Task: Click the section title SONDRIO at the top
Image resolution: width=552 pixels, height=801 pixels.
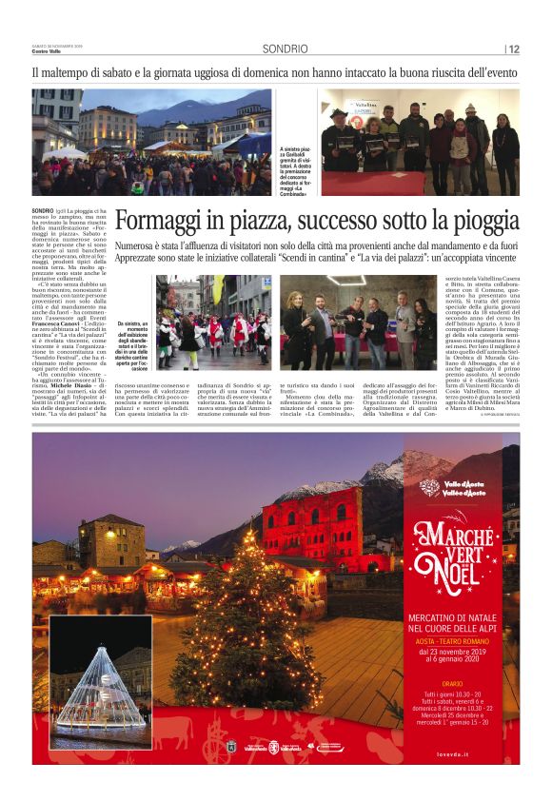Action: pos(286,49)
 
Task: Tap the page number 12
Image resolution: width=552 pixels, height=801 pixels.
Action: pos(513,49)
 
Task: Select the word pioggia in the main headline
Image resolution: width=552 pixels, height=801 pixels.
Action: pos(483,221)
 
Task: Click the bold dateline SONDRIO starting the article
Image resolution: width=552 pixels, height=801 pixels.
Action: pos(43,209)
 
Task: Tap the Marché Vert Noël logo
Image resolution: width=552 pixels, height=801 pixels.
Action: pos(461,551)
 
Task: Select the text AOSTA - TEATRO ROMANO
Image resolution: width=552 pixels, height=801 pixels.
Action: pos(462,640)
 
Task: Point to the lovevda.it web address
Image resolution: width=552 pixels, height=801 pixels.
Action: pos(494,752)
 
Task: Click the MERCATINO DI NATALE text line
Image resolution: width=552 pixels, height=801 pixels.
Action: pos(461,616)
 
